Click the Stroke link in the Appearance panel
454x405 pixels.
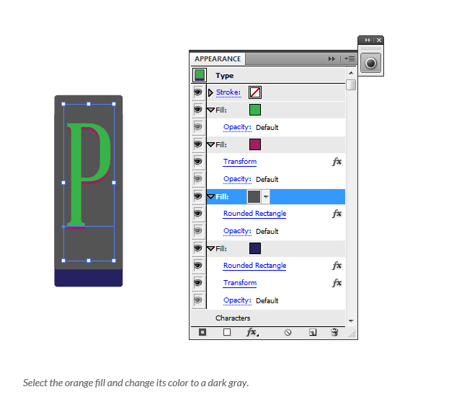[x=228, y=92]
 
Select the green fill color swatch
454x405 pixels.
[x=255, y=110]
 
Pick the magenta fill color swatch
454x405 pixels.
[x=255, y=144]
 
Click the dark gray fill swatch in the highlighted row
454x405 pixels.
[x=254, y=196]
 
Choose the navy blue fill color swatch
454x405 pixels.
[x=255, y=248]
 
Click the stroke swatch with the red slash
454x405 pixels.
[x=255, y=92]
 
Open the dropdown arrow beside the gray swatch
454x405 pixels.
[x=266, y=196]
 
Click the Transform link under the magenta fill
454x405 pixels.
[x=240, y=162]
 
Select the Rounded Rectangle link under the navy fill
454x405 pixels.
[x=254, y=266]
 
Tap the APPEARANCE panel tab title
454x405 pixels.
[x=218, y=59]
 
